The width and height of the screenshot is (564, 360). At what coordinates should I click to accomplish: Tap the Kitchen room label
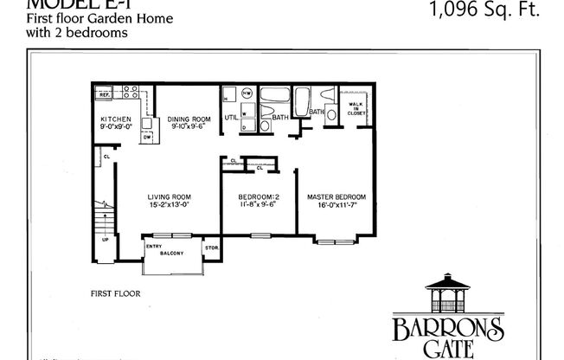115,119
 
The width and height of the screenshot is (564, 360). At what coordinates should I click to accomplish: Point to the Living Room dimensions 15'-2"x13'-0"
169,206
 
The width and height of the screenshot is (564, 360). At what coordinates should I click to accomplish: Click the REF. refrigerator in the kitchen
102,93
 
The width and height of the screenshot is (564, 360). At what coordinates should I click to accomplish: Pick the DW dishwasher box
147,137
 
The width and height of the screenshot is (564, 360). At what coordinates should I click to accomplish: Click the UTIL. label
231,117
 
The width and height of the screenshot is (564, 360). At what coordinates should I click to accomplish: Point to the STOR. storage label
212,248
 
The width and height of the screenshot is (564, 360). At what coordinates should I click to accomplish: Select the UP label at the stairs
106,240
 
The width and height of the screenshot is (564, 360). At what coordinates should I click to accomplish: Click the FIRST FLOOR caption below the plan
115,293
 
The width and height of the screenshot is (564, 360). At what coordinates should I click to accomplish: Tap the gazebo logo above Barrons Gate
448,295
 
